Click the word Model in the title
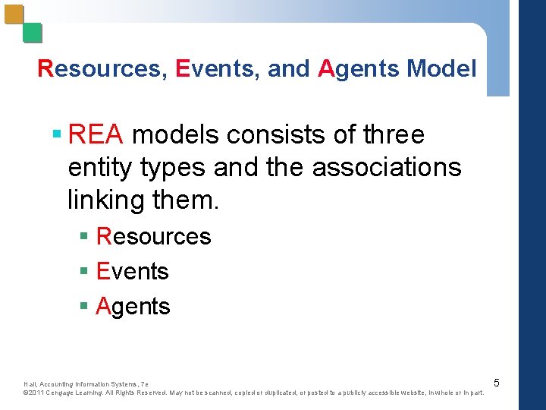(x=441, y=69)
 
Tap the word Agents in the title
(x=359, y=69)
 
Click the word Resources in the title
(x=99, y=69)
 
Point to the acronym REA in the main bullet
(x=95, y=135)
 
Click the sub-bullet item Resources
(x=154, y=236)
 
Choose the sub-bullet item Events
(x=133, y=271)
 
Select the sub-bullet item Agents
(x=133, y=306)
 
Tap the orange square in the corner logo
(x=14, y=14)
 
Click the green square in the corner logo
(x=32, y=33)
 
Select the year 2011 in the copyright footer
(x=37, y=393)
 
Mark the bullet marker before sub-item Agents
(x=85, y=307)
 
